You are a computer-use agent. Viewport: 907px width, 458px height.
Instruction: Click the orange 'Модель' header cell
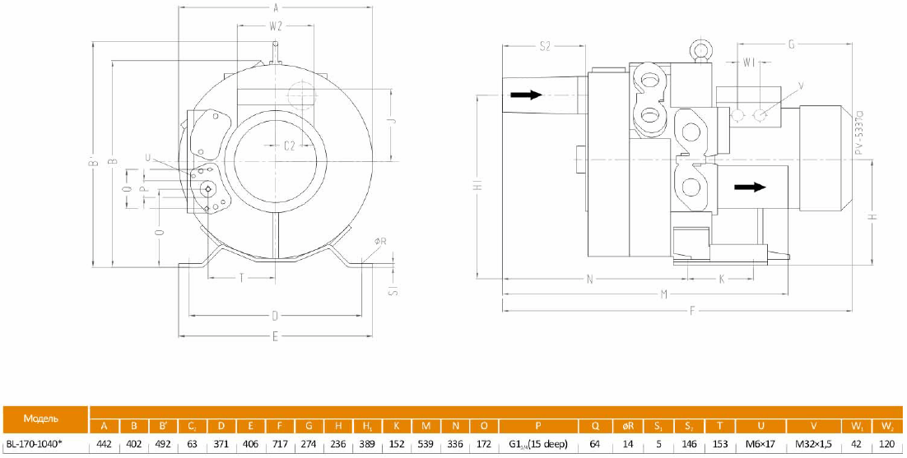coord(45,419)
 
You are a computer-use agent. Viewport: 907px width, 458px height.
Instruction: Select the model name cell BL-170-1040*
coord(45,444)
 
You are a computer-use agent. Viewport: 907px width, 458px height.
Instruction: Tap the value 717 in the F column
coord(281,444)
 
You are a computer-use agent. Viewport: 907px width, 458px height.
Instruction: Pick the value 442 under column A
coord(104,444)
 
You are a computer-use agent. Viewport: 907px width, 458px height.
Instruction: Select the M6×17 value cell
coord(760,444)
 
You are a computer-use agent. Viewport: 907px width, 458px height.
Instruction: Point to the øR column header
coord(627,426)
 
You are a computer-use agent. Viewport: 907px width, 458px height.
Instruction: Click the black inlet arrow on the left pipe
coord(526,95)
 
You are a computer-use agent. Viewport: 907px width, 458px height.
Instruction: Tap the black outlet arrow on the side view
coord(750,187)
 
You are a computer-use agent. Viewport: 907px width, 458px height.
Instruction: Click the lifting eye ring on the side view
coord(701,51)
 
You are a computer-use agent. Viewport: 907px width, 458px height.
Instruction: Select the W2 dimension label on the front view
coord(276,25)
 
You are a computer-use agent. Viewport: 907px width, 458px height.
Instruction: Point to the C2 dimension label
coord(290,146)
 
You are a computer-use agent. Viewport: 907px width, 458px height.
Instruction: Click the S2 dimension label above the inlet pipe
coord(545,47)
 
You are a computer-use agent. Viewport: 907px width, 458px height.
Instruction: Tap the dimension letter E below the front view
coord(276,335)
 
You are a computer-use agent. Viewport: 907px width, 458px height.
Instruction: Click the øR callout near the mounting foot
coord(379,241)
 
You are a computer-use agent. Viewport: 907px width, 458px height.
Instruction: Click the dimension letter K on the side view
coord(722,279)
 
